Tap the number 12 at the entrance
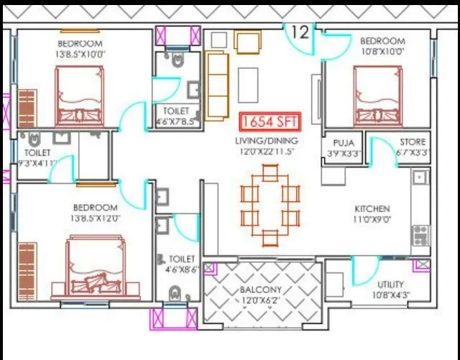tap(300, 32)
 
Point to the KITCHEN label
tap(372, 209)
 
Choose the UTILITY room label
tap(390, 285)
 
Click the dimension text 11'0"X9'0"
tap(372, 220)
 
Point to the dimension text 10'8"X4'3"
tap(390, 295)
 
